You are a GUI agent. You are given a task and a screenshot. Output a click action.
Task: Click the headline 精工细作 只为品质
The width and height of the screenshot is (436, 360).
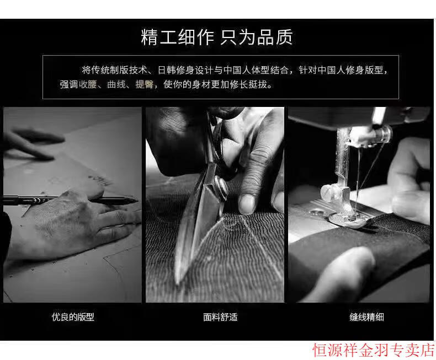click(x=217, y=37)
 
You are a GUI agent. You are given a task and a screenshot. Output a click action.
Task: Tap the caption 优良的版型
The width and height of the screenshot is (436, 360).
click(x=73, y=317)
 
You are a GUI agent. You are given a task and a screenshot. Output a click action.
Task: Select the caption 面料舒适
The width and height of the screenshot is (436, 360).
click(x=220, y=317)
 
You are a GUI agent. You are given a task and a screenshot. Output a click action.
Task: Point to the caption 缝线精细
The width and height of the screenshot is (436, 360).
click(x=367, y=317)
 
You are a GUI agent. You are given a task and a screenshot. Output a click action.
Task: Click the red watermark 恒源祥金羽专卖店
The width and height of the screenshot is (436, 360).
click(x=374, y=350)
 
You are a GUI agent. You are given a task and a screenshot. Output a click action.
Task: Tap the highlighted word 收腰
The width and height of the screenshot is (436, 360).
click(x=88, y=84)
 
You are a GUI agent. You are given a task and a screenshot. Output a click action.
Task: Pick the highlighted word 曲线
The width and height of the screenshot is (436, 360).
click(x=116, y=84)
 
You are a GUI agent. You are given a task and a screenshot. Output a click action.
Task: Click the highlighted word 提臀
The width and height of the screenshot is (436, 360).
click(x=144, y=84)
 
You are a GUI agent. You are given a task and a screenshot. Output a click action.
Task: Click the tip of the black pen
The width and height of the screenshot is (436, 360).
click(x=137, y=201)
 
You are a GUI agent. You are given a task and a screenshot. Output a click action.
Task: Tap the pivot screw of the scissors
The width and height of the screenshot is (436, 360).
click(x=221, y=188)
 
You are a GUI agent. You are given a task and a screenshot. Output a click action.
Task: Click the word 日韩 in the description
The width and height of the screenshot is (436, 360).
click(x=167, y=70)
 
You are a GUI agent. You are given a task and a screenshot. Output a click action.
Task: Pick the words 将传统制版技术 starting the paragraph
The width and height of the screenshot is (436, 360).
click(x=114, y=70)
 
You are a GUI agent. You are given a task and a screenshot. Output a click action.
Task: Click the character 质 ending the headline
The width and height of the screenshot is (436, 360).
click(x=284, y=37)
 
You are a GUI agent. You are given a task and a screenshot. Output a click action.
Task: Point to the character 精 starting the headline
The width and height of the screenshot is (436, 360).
click(x=150, y=37)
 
